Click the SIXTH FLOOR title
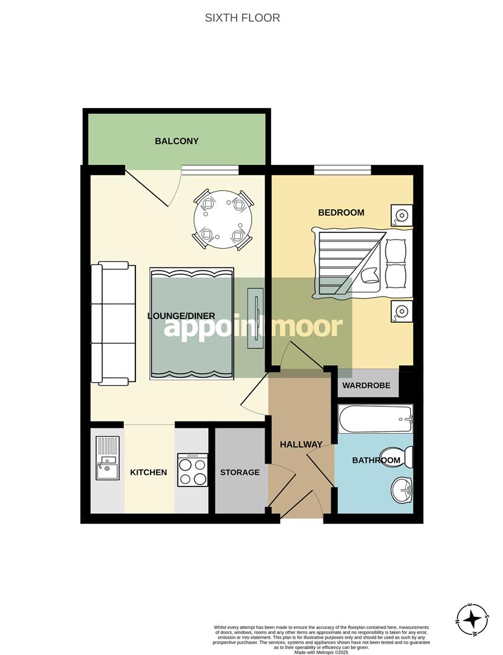[x=242, y=18]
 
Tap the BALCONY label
[x=177, y=141]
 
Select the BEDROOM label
[x=341, y=212]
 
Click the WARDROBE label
[x=366, y=386]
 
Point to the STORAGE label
[x=240, y=472]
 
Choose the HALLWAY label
[x=301, y=445]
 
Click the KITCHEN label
[x=149, y=472]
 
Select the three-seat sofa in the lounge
[x=113, y=323]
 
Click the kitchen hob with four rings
[x=192, y=469]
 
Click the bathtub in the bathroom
[x=376, y=419]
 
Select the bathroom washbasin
[x=400, y=489]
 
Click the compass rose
[x=472, y=620]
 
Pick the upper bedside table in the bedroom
[x=401, y=214]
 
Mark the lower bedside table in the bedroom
[x=401, y=312]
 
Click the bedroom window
[x=342, y=170]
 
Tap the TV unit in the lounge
[x=255, y=318]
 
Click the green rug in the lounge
[x=192, y=324]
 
